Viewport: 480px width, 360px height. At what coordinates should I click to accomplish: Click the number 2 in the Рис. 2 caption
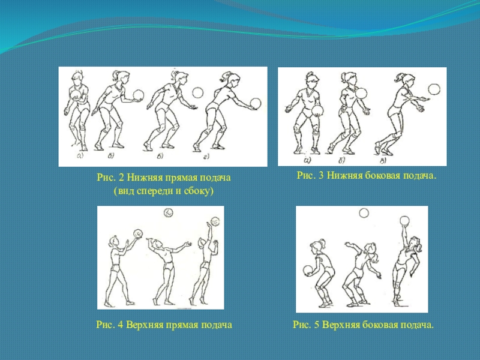[x=121, y=178]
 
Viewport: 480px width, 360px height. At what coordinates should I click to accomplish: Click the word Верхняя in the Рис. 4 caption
[x=145, y=325]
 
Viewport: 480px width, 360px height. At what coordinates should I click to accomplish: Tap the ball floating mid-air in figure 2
[x=198, y=92]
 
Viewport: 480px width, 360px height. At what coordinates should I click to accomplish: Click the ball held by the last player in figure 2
[x=256, y=103]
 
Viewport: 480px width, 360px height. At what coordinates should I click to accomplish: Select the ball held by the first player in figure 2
[x=76, y=94]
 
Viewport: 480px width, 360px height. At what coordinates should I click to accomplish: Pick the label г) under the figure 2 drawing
[x=206, y=157]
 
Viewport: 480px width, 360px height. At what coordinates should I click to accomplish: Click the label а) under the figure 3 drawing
[x=307, y=160]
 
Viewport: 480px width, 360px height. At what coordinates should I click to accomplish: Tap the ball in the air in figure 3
[x=434, y=89]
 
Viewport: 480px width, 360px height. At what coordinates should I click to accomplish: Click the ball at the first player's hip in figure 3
[x=317, y=111]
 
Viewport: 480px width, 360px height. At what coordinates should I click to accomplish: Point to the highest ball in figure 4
[x=169, y=212]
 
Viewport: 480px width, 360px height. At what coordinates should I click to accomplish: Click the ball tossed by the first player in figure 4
[x=139, y=233]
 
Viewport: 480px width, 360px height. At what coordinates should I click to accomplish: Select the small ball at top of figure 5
[x=364, y=213]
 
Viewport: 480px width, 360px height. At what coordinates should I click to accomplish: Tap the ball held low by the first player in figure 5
[x=308, y=271]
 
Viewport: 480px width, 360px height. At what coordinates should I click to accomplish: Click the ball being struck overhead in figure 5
[x=404, y=221]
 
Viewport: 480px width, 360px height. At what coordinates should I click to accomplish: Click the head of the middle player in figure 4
[x=158, y=245]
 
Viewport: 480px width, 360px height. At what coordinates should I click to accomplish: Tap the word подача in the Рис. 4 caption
[x=216, y=325]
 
